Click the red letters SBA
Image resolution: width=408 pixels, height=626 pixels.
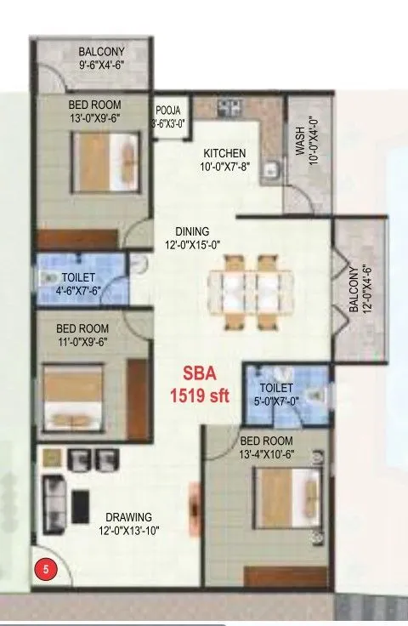(x=201, y=373)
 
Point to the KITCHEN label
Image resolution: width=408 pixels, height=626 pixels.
(x=224, y=153)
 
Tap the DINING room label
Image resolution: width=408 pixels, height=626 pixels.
(x=192, y=230)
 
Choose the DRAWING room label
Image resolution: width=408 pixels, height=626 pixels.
(x=129, y=516)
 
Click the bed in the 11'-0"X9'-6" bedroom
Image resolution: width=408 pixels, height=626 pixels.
(x=72, y=395)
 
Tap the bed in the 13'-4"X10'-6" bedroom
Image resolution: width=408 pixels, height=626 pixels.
(x=276, y=504)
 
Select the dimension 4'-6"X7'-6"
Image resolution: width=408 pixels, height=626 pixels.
(x=77, y=289)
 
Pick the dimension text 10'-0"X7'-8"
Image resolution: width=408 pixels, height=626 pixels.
(x=224, y=167)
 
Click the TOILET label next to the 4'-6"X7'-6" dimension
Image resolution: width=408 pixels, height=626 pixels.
(x=77, y=277)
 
